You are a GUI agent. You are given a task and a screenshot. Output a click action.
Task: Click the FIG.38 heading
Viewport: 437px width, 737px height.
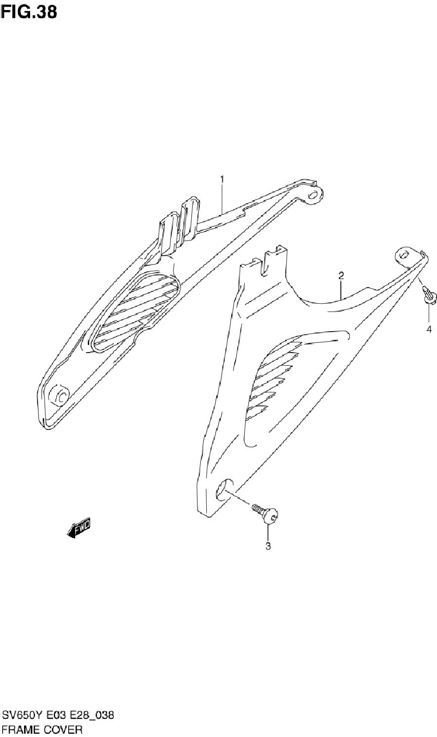[x=29, y=12]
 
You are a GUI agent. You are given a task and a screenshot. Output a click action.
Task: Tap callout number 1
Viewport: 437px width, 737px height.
[x=222, y=179]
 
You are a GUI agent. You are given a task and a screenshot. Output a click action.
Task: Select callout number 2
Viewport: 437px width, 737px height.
[x=341, y=275]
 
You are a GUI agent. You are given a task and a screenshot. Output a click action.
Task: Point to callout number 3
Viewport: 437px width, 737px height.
[x=268, y=546]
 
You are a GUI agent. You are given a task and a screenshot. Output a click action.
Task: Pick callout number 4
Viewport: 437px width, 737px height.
[x=429, y=329]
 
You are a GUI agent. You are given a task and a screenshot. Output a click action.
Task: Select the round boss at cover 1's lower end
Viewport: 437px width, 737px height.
[x=59, y=394]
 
